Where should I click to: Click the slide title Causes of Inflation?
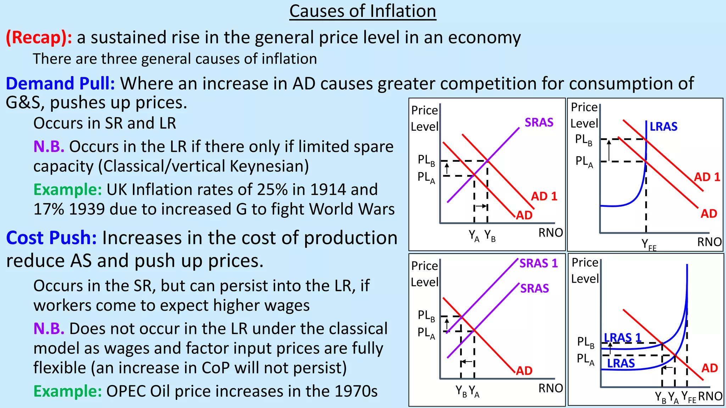363,11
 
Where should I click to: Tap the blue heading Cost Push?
51,238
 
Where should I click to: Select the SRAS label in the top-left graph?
539,123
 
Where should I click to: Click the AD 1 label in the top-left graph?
544,196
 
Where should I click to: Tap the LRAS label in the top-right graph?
663,126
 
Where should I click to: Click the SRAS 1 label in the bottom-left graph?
538,263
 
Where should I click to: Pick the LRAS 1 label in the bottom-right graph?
622,338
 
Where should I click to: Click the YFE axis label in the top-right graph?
649,244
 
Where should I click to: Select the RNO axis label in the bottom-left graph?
551,388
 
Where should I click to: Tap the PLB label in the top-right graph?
583,140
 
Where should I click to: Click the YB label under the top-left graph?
490,235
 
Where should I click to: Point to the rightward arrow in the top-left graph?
481,206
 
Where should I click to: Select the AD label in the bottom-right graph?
709,368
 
